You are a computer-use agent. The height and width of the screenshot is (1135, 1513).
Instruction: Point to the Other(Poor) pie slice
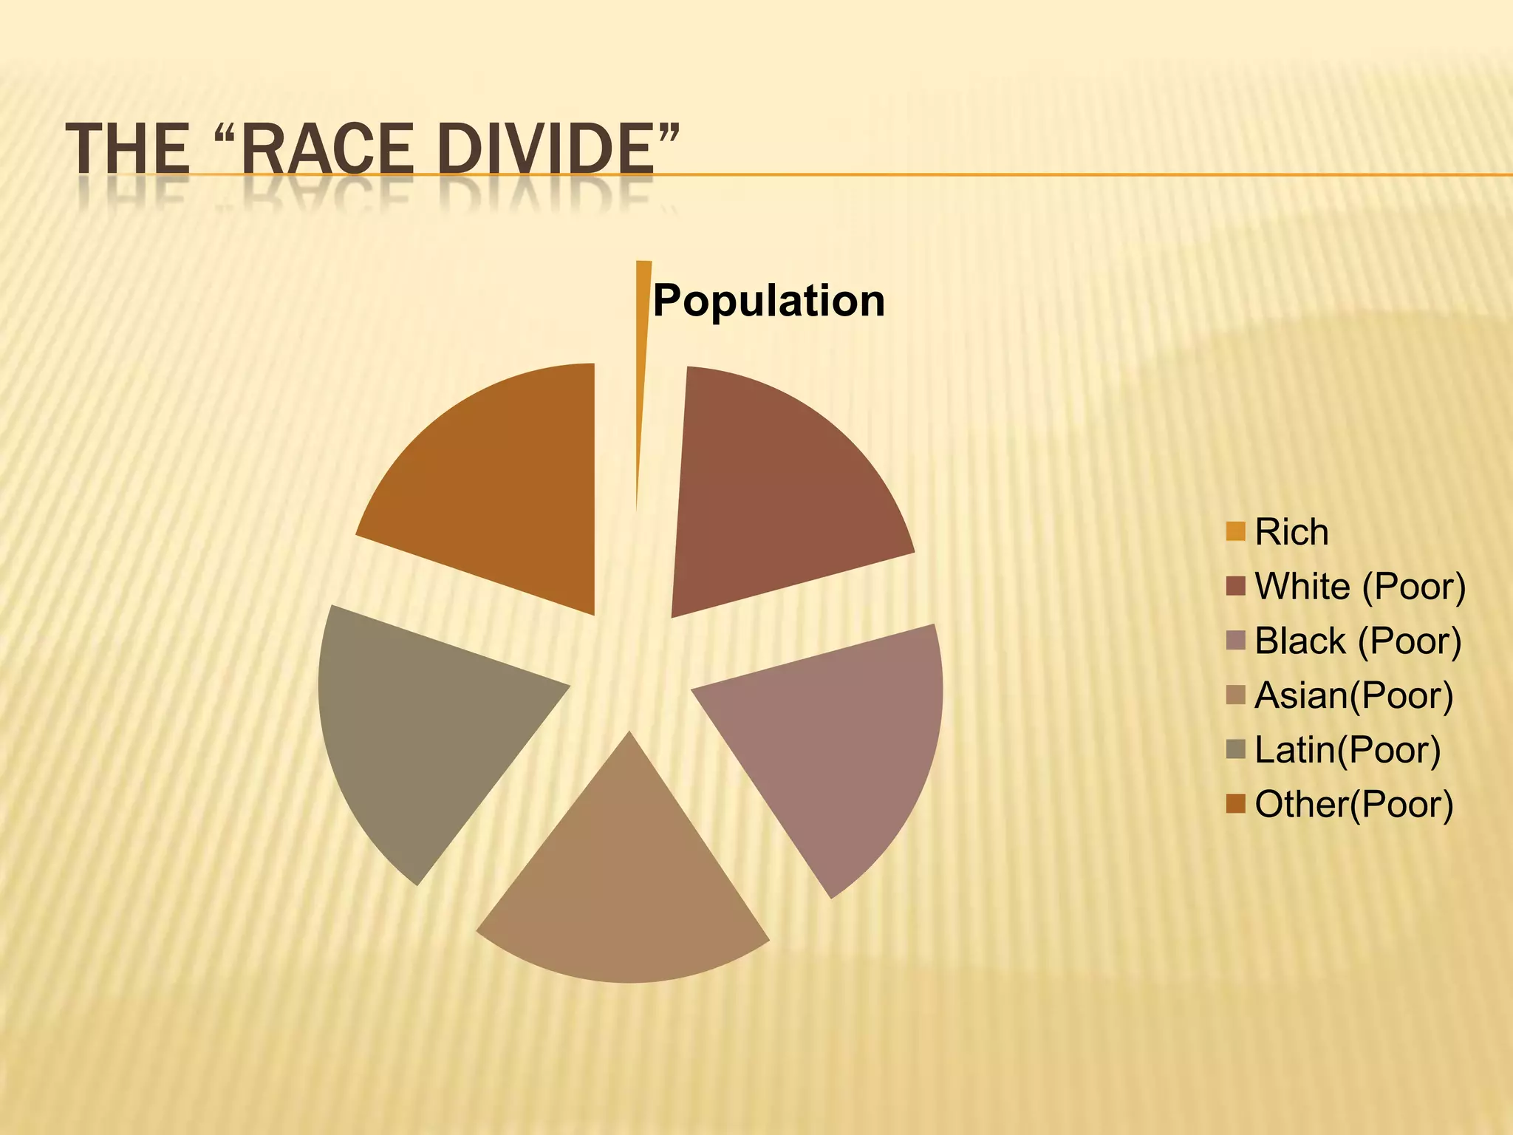click(502, 480)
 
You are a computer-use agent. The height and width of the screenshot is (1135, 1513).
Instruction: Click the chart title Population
click(768, 301)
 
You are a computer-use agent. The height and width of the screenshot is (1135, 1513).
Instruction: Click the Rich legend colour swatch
click(1235, 531)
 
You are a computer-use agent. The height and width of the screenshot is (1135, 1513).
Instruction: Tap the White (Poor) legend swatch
click(1235, 586)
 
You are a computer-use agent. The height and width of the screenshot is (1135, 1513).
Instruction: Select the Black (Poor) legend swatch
click(1235, 640)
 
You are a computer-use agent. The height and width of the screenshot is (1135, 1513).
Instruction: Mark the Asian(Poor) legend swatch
click(1235, 695)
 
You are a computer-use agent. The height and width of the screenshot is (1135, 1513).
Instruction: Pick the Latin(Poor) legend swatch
click(1235, 749)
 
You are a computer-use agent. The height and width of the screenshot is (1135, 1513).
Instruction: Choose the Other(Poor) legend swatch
click(1235, 803)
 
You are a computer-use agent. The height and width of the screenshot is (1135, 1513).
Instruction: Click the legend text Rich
click(1291, 532)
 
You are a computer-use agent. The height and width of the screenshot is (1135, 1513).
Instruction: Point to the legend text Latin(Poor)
click(1348, 750)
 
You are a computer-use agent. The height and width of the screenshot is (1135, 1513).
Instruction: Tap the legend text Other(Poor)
click(1353, 804)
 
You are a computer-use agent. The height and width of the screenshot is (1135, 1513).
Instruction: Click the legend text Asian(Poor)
click(1353, 695)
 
